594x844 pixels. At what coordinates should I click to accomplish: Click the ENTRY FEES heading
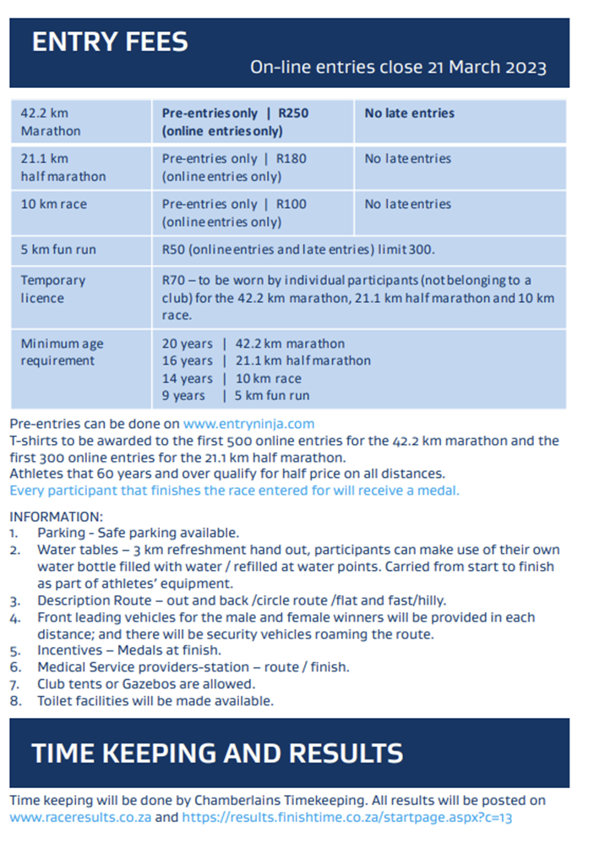pyautogui.click(x=110, y=41)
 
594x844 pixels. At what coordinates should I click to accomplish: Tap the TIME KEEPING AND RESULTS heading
pyautogui.click(x=217, y=753)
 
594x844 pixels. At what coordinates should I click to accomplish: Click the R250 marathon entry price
pyautogui.click(x=292, y=113)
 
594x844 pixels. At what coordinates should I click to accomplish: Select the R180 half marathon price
pyautogui.click(x=291, y=159)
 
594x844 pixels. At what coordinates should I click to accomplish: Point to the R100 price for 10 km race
pyautogui.click(x=291, y=205)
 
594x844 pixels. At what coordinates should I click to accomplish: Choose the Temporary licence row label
pyautogui.click(x=53, y=288)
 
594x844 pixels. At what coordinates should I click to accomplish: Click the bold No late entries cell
pyautogui.click(x=409, y=113)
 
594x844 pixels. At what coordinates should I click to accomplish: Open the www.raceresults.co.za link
pyautogui.click(x=81, y=818)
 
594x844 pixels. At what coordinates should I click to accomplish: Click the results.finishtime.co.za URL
pyautogui.click(x=347, y=818)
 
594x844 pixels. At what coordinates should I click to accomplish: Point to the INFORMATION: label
pyautogui.click(x=56, y=516)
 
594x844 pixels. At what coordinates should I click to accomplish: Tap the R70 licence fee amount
pyautogui.click(x=173, y=280)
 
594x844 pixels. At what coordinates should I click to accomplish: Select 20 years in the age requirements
pyautogui.click(x=187, y=343)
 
